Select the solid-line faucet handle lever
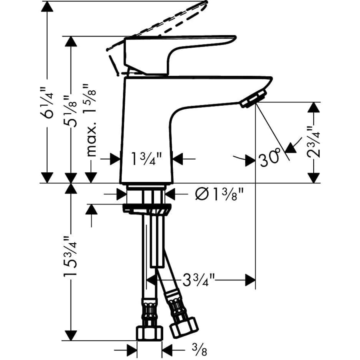click(176, 52)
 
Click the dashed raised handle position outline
click(168, 20)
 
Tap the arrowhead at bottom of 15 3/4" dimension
click(71, 335)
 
